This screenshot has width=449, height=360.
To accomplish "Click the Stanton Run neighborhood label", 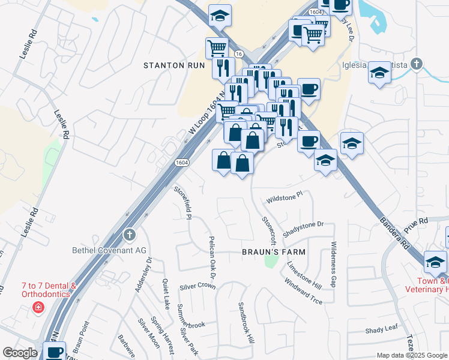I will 173,65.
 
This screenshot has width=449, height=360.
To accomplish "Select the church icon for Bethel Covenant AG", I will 129,235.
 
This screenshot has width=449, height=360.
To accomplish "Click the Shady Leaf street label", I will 382,329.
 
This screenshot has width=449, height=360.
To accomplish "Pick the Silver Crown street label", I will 197,286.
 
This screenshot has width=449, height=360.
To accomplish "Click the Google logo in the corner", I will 20,352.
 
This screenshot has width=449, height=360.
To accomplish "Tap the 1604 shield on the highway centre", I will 182,163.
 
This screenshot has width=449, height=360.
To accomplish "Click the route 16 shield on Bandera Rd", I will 239,54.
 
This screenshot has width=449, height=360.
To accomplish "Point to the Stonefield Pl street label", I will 182,203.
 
